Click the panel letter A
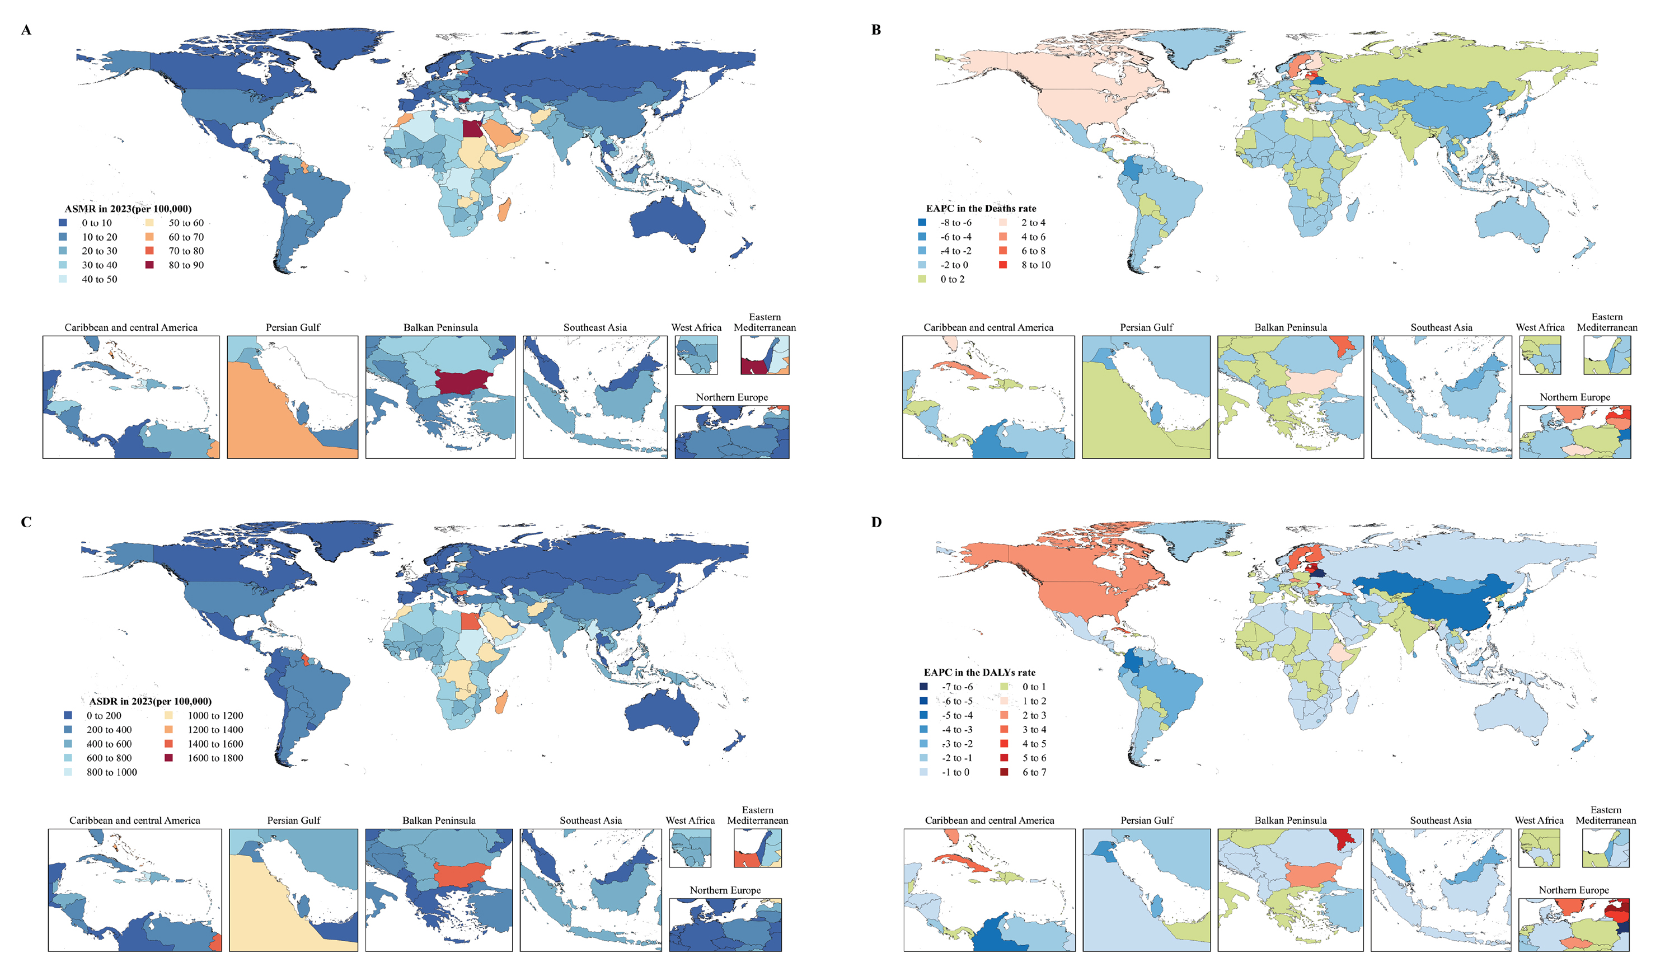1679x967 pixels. (26, 30)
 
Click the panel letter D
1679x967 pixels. (876, 522)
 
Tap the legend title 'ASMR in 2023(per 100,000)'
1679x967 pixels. (128, 209)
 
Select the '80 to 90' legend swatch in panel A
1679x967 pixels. (149, 265)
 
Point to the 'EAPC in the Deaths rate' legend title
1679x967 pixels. (981, 209)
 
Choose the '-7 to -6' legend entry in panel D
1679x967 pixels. (957, 687)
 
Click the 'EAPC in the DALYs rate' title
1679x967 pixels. (979, 673)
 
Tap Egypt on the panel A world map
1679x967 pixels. (473, 128)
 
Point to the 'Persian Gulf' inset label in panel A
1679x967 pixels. (293, 327)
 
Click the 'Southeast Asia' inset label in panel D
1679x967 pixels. (1441, 820)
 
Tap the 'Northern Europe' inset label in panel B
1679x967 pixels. (1575, 397)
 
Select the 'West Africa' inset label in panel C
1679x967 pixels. (690, 820)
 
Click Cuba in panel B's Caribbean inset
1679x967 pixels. (959, 369)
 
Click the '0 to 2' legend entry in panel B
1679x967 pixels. (953, 279)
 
